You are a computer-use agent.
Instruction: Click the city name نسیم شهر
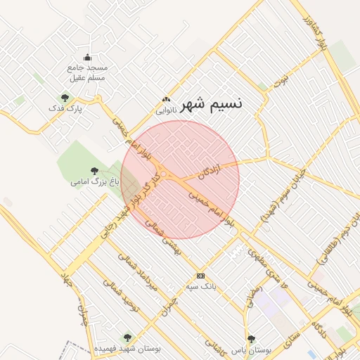click(x=211, y=105)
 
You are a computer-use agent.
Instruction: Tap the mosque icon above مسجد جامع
click(x=87, y=58)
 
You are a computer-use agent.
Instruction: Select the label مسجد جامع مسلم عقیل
click(x=86, y=72)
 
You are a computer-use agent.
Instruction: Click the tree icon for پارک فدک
click(x=65, y=98)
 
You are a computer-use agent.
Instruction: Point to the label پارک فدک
click(x=65, y=110)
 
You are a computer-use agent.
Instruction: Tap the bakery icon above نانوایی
click(x=166, y=100)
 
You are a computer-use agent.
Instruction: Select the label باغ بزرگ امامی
click(x=95, y=181)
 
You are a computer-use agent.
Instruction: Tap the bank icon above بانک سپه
click(x=201, y=276)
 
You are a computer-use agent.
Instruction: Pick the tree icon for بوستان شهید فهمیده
click(x=127, y=338)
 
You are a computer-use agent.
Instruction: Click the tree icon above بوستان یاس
click(x=251, y=339)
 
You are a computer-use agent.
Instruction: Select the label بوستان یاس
click(x=251, y=349)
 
